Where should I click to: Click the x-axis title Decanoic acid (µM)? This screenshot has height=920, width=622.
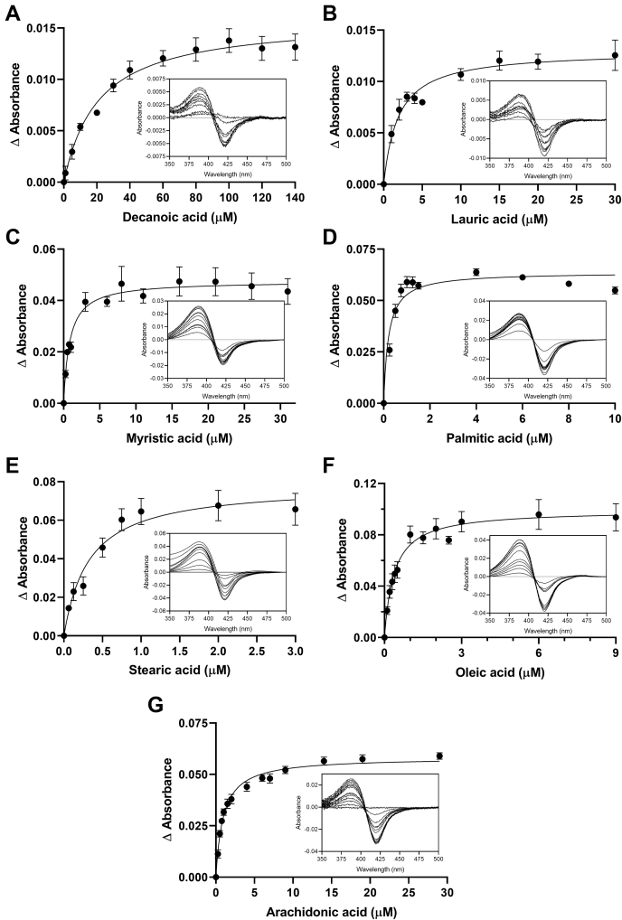177,217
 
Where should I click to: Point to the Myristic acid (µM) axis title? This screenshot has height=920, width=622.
177,438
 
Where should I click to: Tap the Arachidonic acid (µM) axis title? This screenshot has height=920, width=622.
329,909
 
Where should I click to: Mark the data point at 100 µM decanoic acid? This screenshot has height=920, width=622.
229,41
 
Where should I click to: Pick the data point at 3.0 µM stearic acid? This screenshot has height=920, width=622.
295,509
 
